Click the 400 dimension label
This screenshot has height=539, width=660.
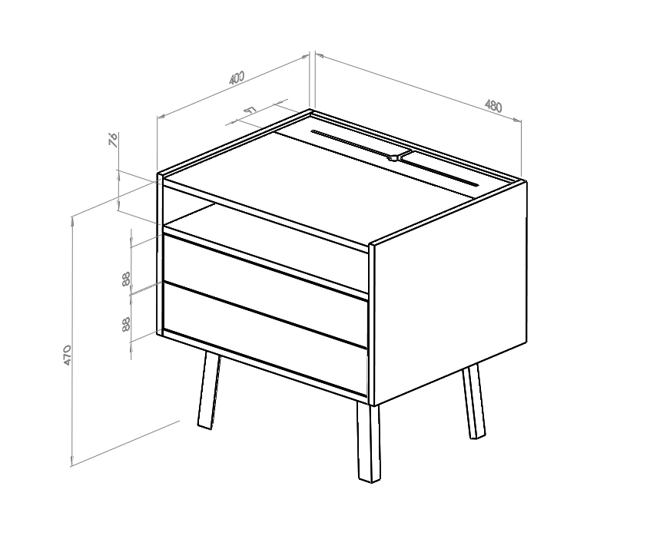pyautogui.click(x=237, y=77)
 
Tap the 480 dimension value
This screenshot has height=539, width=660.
pyautogui.click(x=493, y=106)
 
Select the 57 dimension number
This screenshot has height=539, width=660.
pyautogui.click(x=250, y=111)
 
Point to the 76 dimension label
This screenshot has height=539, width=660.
pyautogui.click(x=113, y=139)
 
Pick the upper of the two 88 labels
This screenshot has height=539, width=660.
pyautogui.click(x=126, y=278)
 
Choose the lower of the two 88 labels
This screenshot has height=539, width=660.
pyautogui.click(x=126, y=324)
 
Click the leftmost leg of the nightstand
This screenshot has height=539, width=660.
pyautogui.click(x=207, y=392)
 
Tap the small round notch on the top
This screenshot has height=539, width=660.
pyautogui.click(x=393, y=158)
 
